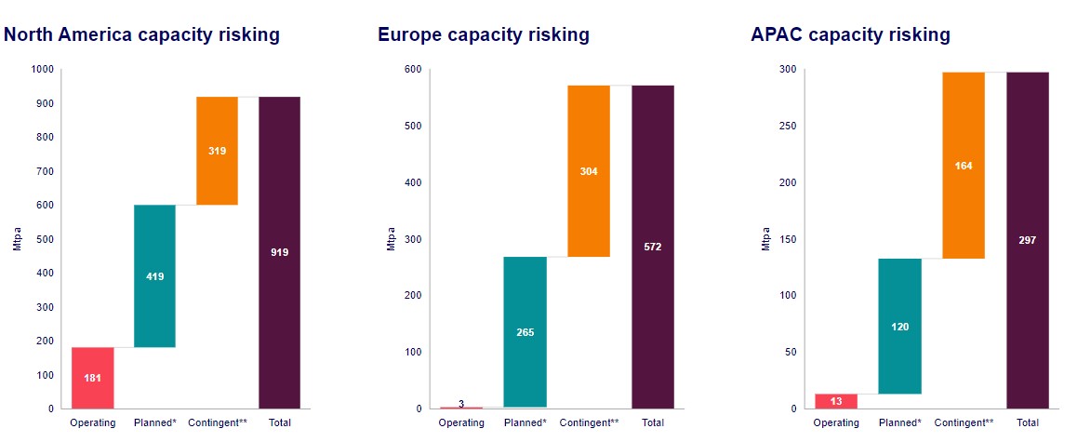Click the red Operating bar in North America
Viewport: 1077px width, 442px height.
tap(93, 378)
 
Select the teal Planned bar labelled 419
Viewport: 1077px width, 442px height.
tap(154, 276)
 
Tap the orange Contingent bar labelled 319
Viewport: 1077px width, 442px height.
tap(217, 151)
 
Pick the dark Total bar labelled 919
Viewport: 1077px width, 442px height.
tap(280, 253)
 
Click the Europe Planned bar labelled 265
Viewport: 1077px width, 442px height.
tap(525, 332)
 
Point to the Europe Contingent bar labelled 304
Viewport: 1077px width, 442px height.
tap(589, 171)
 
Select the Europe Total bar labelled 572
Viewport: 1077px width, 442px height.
tap(653, 248)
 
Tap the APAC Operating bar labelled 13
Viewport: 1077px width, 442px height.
tap(836, 401)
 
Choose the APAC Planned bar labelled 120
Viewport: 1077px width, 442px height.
tap(899, 327)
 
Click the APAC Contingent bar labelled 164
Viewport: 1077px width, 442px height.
tap(964, 166)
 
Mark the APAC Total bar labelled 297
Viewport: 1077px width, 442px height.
tap(1028, 241)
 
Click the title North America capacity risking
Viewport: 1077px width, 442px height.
tap(142, 35)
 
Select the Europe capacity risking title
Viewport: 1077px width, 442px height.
tap(484, 35)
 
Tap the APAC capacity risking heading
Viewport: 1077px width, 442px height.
tap(850, 35)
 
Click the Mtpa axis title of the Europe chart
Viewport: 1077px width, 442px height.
tap(392, 239)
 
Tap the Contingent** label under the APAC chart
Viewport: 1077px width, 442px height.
tap(964, 422)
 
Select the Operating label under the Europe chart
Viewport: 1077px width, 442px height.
tap(462, 422)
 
